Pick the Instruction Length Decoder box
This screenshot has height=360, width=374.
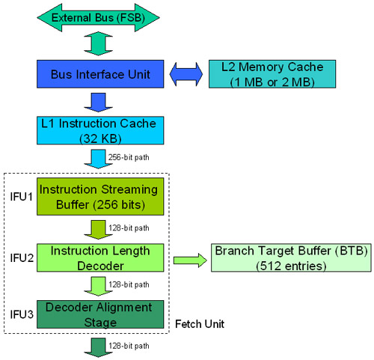point(100,258)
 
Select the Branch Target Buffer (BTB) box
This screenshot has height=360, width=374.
point(290,258)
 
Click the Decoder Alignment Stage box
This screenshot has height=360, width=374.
point(100,314)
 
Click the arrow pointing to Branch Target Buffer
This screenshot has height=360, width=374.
point(190,260)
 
